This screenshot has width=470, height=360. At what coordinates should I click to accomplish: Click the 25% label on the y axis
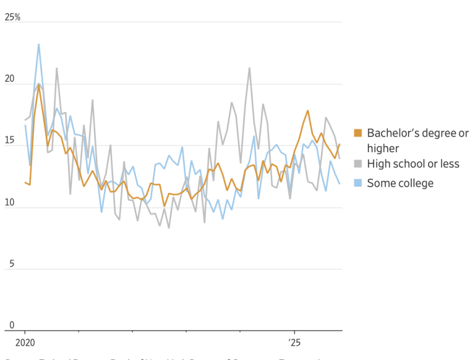[x=13, y=17]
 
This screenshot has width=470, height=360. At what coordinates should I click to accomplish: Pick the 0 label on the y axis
[x=11, y=326]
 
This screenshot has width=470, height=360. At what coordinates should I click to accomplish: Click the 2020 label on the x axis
[x=25, y=343]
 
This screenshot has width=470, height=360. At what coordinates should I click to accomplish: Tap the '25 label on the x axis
[x=295, y=343]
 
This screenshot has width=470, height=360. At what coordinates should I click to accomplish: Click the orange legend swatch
[x=358, y=133]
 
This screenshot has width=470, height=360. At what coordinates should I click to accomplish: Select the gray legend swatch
[x=358, y=164]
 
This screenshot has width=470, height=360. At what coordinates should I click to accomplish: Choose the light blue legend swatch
[x=358, y=183]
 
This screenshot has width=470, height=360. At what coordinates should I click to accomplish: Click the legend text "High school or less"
[x=413, y=164]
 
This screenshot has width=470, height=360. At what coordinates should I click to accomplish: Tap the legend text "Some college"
[x=400, y=183]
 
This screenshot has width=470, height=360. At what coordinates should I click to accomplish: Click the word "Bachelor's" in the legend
[x=394, y=133]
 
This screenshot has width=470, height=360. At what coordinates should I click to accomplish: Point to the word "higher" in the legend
[x=383, y=148]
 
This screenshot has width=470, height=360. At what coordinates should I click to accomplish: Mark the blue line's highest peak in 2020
[x=39, y=44]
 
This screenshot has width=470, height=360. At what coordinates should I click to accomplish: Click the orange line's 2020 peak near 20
[x=39, y=85]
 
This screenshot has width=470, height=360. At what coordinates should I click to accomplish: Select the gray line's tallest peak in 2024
[x=249, y=68]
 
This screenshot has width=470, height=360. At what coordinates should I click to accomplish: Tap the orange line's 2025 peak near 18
[x=308, y=111]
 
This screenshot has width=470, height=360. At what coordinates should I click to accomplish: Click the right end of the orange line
[x=340, y=145]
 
